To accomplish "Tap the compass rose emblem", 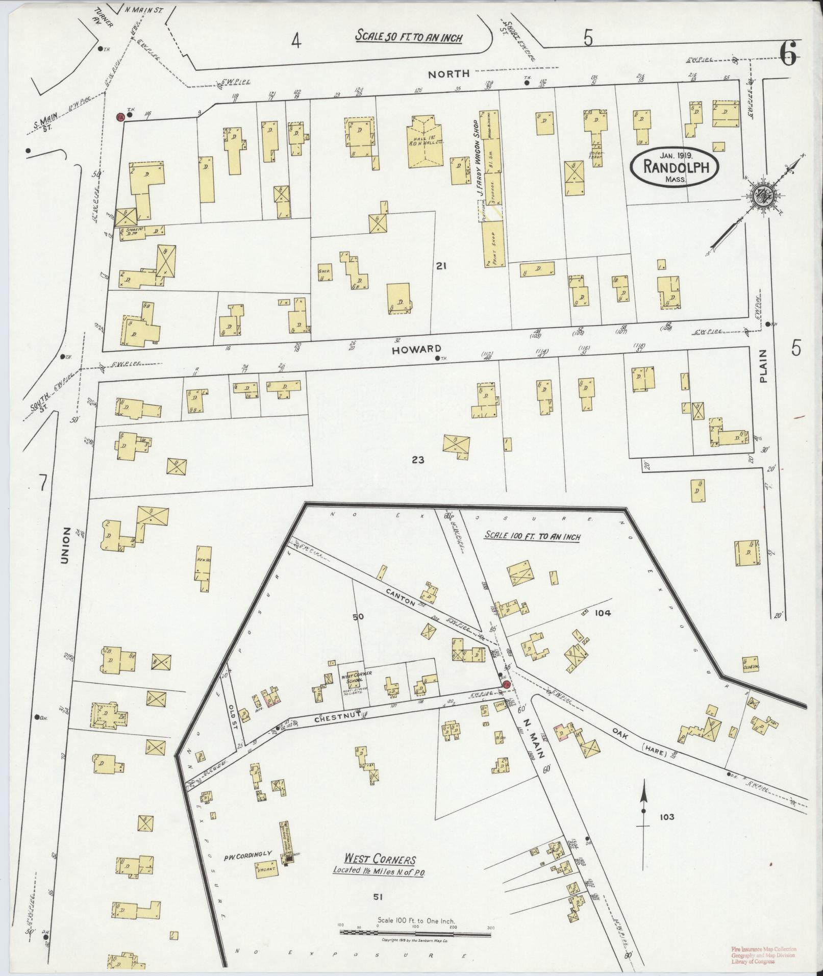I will pyautogui.click(x=766, y=196).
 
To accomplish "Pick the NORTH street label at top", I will pyautogui.click(x=448, y=74).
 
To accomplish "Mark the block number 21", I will pyautogui.click(x=441, y=265).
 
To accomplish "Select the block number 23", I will pyautogui.click(x=418, y=460).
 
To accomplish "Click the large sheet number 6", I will pyautogui.click(x=787, y=53).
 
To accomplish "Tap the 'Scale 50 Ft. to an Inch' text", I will pyautogui.click(x=409, y=37).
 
